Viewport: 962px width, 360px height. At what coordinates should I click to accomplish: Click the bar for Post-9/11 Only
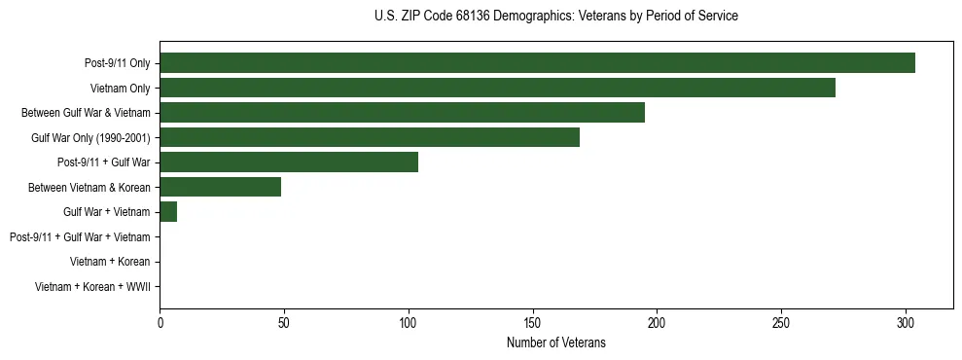[x=537, y=63]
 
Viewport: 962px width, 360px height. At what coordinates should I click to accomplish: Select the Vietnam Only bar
[x=497, y=88]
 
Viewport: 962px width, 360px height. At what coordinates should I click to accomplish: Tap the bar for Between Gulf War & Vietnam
[x=402, y=113]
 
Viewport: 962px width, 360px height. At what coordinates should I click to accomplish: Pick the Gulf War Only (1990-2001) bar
[x=370, y=137]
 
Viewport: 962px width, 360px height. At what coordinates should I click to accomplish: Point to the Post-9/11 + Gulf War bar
[x=289, y=162]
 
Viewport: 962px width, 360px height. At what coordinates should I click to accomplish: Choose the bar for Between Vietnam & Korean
[x=221, y=187]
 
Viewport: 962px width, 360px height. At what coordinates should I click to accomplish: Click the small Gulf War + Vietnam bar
[x=168, y=212]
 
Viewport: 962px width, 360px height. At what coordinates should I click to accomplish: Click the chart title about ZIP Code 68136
[x=555, y=17]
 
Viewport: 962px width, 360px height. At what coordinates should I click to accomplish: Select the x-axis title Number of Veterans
[x=555, y=342]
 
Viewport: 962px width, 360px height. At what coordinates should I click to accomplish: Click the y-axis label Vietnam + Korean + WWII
[x=92, y=287]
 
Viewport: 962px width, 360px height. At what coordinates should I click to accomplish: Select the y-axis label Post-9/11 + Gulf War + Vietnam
[x=80, y=237]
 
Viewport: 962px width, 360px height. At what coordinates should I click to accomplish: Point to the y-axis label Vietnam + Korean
[x=110, y=262]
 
